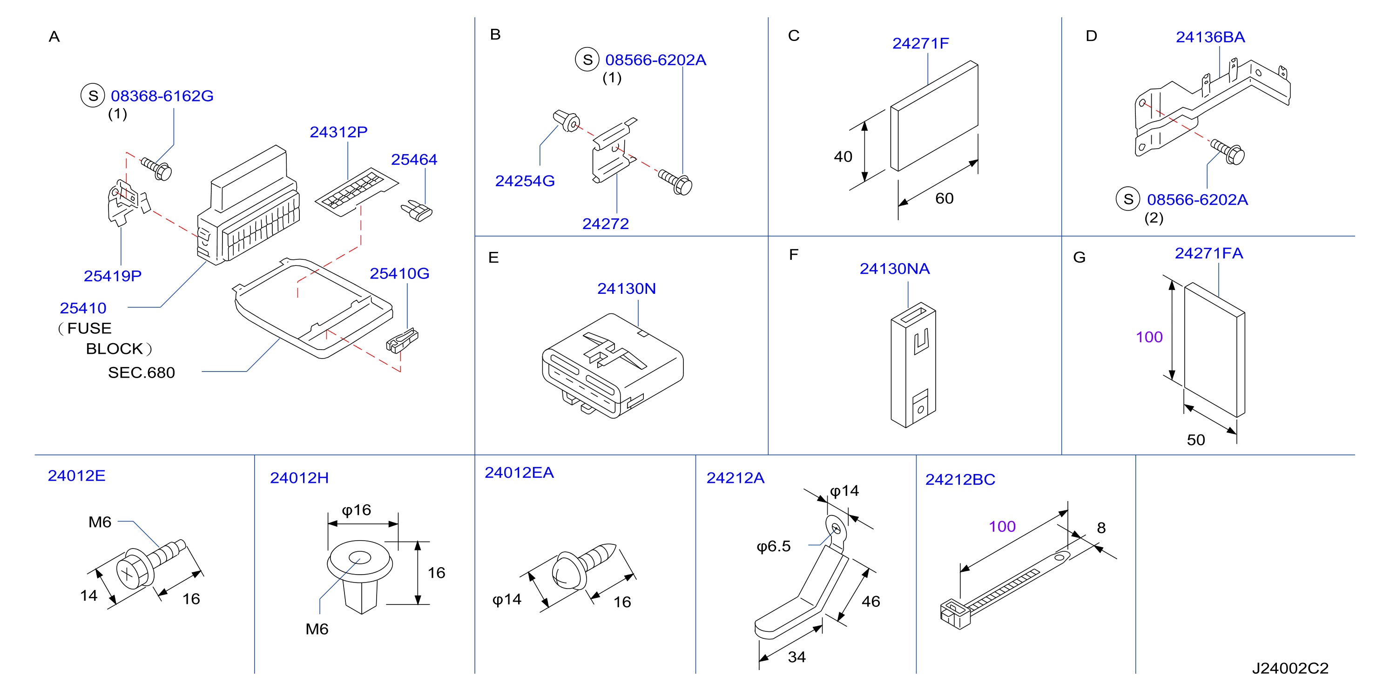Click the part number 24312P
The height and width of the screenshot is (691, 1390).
pyautogui.click(x=338, y=132)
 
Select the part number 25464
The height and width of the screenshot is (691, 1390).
pyautogui.click(x=414, y=160)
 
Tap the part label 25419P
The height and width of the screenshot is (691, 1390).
pyautogui.click(x=112, y=277)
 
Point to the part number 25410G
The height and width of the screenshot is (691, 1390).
pyautogui.click(x=399, y=274)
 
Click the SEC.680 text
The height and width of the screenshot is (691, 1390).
pyautogui.click(x=142, y=373)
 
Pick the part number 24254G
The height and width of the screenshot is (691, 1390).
pyautogui.click(x=525, y=181)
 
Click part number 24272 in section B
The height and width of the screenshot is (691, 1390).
pyautogui.click(x=606, y=224)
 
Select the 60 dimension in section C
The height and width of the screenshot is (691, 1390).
pyautogui.click(x=945, y=199)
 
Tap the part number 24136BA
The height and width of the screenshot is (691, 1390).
pyautogui.click(x=1210, y=37)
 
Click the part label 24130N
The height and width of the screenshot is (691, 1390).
pyautogui.click(x=627, y=289)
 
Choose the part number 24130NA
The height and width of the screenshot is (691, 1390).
pyautogui.click(x=895, y=269)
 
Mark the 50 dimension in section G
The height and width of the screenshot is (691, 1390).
pyautogui.click(x=1196, y=440)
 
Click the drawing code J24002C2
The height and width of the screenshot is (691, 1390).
pyautogui.click(x=1290, y=668)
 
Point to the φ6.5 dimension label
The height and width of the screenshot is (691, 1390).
pyautogui.click(x=773, y=547)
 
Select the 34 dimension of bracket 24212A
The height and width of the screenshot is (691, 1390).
pyautogui.click(x=796, y=657)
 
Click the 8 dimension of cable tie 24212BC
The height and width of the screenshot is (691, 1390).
pyautogui.click(x=1101, y=528)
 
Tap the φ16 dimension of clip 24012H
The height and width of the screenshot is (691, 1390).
pyautogui.click(x=356, y=511)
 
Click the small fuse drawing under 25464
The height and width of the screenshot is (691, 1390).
pyautogui.click(x=417, y=210)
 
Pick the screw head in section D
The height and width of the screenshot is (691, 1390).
pyautogui.click(x=1235, y=155)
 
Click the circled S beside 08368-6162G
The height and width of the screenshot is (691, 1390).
pyautogui.click(x=93, y=95)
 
